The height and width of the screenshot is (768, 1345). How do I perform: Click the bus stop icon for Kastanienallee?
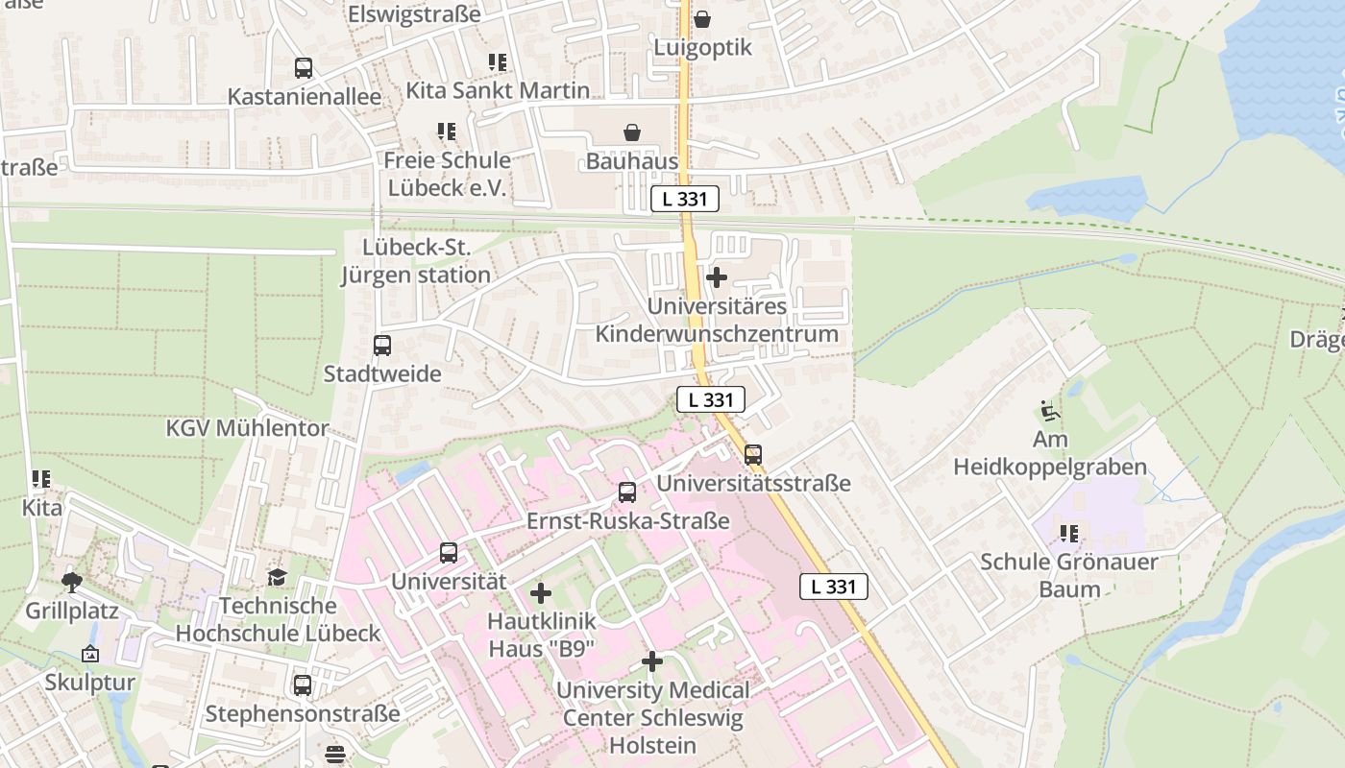304,68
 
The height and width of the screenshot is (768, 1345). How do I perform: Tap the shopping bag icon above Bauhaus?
632,132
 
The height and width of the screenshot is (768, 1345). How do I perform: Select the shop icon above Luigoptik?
702,18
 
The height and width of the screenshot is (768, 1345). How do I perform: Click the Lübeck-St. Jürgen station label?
416,262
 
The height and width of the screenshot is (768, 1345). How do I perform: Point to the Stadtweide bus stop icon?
382,346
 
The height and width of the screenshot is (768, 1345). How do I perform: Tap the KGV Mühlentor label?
248,428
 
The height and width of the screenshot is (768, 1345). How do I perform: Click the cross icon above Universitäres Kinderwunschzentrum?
716,277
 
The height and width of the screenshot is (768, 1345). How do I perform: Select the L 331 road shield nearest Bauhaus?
684,199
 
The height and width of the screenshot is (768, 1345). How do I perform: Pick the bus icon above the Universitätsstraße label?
753,454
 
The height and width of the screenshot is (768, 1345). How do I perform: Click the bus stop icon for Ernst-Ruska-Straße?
627,492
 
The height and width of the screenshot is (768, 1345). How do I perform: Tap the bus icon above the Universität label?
449,553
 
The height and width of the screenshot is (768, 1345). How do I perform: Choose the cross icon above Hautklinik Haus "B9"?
541,593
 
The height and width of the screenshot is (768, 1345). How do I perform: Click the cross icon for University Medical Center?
652,661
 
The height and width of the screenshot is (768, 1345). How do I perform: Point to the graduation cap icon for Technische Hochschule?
277,577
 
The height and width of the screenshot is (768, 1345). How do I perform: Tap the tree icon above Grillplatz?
71,582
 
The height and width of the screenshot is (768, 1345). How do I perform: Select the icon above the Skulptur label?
90,654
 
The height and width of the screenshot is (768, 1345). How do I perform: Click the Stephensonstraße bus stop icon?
303,685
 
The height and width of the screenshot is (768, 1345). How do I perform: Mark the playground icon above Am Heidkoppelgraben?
1050,411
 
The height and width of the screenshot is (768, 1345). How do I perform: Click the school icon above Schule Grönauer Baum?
1068,533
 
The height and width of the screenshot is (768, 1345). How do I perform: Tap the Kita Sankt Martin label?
498,91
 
